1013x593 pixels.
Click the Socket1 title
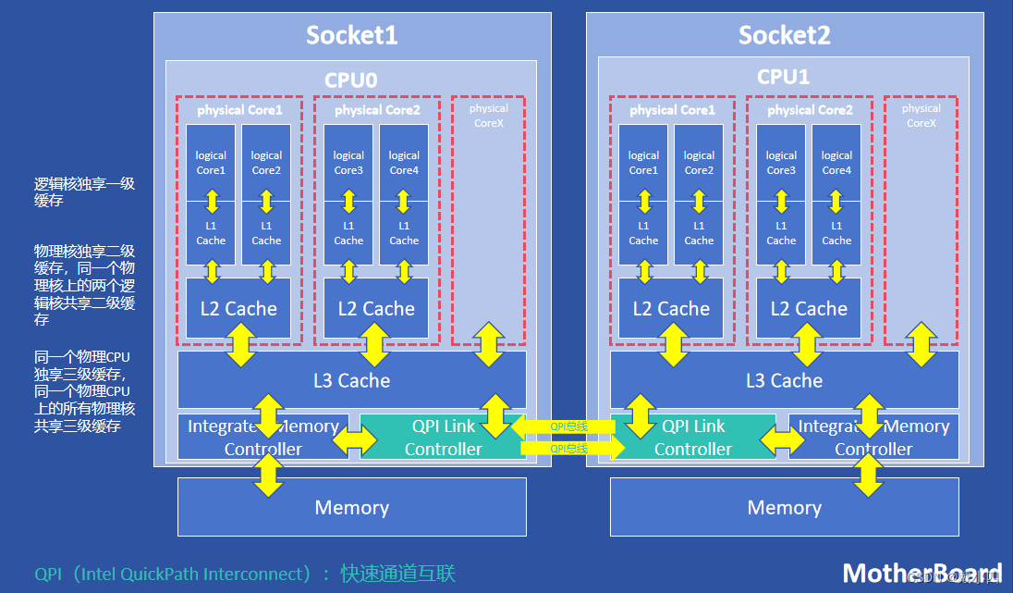coord(351,36)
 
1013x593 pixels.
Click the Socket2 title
coord(784,36)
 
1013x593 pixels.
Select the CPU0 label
coord(350,80)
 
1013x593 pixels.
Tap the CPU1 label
coord(783,77)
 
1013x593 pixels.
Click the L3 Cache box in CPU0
coord(351,380)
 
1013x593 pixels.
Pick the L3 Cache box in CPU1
coord(784,380)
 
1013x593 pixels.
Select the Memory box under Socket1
coord(351,507)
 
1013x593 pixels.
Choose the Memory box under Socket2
coord(784,507)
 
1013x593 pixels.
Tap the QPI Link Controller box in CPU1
coord(693,437)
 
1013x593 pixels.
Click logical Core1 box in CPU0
coord(211,163)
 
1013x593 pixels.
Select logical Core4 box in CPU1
coord(836,163)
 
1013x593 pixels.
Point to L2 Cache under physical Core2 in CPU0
coord(376,309)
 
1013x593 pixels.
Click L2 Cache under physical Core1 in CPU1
coord(671,309)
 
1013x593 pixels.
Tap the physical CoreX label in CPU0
coord(488,116)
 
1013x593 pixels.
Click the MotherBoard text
coord(921,573)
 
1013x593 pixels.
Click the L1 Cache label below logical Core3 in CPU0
coord(348,233)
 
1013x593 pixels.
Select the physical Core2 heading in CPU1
coord(810,110)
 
